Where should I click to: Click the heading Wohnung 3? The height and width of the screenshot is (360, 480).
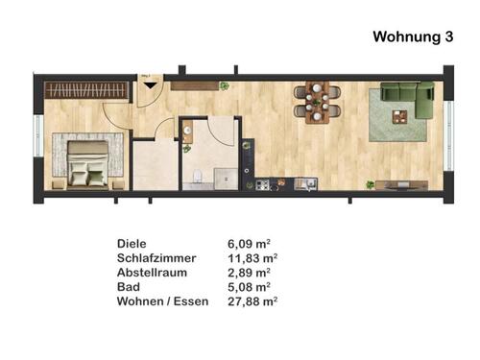coord(413,37)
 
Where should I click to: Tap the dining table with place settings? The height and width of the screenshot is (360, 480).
coord(318,101)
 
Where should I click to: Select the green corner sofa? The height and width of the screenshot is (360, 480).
coord(407,97)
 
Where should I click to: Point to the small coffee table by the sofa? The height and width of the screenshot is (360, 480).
coord(399,116)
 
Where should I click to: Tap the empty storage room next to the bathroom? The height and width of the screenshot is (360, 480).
coord(153,166)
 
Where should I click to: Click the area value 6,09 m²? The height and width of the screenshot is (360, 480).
coord(247,244)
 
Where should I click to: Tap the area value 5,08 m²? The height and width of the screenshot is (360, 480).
coord(247,287)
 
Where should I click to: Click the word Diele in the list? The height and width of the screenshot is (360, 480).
coord(132,244)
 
